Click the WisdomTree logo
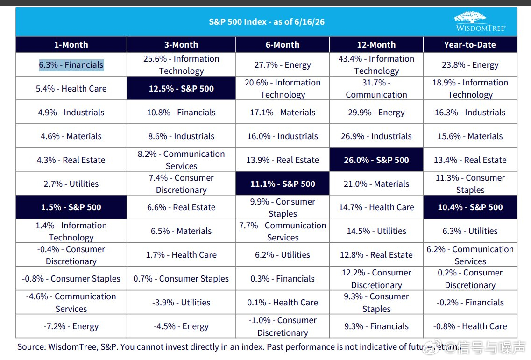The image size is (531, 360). click(x=481, y=21)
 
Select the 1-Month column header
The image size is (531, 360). click(x=71, y=45)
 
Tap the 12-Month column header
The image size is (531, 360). click(x=376, y=45)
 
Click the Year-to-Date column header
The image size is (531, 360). click(x=470, y=45)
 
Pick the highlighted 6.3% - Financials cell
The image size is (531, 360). click(x=71, y=65)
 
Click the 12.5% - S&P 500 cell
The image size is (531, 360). click(x=181, y=88)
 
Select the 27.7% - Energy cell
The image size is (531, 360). click(x=283, y=65)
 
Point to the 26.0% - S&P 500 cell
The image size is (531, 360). click(x=376, y=160)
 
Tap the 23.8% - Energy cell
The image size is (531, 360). click(x=470, y=65)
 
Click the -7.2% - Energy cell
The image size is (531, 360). click(x=71, y=326)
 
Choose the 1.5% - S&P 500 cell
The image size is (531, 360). click(x=71, y=207)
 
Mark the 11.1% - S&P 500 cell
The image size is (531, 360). click(x=283, y=184)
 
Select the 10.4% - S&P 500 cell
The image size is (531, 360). click(x=470, y=207)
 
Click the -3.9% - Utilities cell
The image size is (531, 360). click(x=181, y=303)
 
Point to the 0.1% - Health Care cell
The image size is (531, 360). click(x=283, y=303)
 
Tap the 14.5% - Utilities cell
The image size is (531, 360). click(x=376, y=231)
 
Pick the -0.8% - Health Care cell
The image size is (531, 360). click(x=470, y=326)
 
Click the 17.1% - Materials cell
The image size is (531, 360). click(x=283, y=113)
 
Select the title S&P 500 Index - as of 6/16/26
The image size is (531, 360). click(x=267, y=22)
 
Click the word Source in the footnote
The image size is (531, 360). click(x=31, y=347)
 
